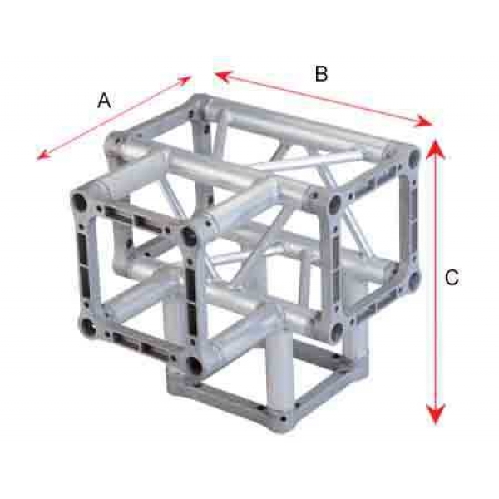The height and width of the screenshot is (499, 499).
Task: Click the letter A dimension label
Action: coord(104,101)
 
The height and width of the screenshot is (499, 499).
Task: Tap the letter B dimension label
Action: coord(321,73)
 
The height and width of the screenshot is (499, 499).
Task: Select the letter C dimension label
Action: coord(452,277)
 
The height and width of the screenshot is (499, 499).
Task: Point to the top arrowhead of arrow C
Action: coord(436,149)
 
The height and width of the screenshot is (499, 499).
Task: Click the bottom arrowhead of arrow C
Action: coord(436,413)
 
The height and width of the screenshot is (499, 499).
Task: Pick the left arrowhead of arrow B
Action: coord(222,77)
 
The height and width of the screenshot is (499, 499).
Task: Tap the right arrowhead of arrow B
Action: coord(423,121)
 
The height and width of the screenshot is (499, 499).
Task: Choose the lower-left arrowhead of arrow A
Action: coord(43,154)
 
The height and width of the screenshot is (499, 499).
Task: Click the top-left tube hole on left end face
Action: coord(79,202)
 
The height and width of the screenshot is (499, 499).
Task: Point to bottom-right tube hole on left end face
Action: coord(194,365)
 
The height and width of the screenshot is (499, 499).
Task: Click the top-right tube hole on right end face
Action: coord(414,156)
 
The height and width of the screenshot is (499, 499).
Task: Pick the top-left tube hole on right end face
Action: coord(335,202)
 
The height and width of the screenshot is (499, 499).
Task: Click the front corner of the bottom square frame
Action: coord(282,419)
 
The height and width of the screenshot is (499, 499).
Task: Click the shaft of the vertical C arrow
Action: coord(436,281)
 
